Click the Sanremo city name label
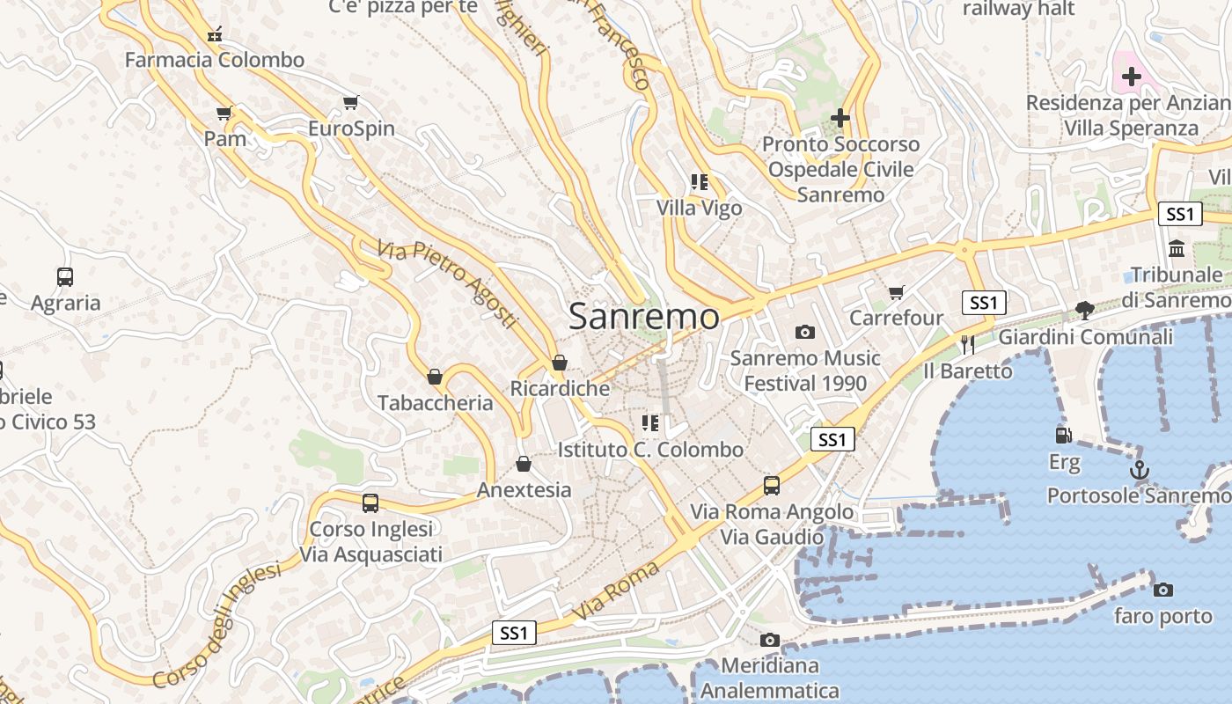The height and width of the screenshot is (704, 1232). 643,316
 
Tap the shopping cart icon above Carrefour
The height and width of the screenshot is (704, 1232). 896,292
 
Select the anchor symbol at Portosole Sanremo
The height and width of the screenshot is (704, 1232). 1140,470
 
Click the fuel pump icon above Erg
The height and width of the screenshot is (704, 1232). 1063,435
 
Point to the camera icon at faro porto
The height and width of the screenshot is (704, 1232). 1162,590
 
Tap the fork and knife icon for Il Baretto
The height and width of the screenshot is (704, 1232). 968,344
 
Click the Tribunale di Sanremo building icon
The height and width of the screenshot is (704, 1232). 1177,249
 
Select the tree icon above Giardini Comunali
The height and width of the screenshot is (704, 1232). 1084,310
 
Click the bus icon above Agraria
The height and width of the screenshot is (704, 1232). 65,277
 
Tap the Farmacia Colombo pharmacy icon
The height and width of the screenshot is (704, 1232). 214,35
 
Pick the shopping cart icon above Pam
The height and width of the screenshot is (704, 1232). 224,113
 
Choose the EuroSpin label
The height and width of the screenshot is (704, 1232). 351,128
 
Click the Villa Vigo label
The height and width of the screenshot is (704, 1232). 700,209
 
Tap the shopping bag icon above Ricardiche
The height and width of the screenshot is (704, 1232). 559,363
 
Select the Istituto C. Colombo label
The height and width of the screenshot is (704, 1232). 650,450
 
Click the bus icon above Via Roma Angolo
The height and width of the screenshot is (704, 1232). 772,485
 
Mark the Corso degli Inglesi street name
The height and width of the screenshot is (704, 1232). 216,626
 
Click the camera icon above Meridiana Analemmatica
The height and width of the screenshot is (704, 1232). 770,640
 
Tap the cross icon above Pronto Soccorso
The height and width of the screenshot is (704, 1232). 840,117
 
